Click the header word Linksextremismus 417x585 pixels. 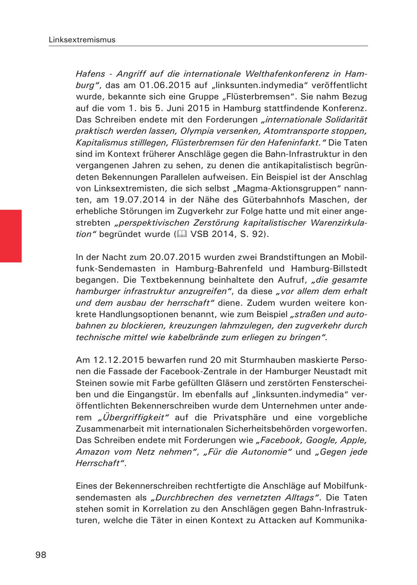point(82,40)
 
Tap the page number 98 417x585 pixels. point(41,555)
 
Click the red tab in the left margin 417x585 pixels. point(11,236)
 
